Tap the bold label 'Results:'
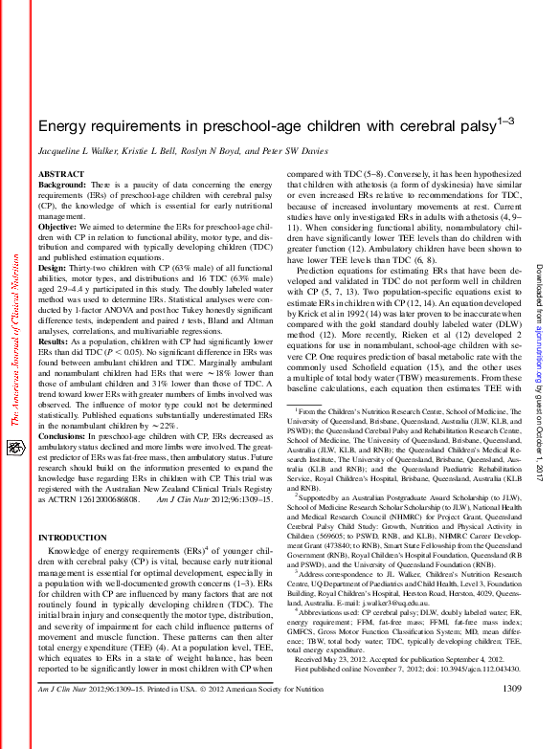click(53, 341)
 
